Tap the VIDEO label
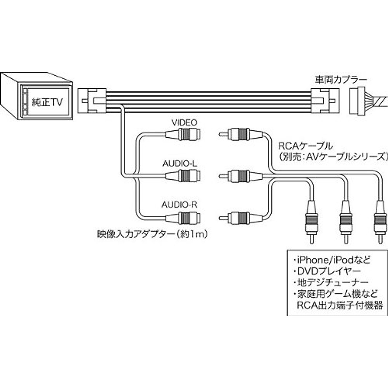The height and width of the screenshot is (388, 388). (184, 123)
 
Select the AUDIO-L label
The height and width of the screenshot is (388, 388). (179, 164)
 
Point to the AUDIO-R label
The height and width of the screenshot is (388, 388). (179, 204)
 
